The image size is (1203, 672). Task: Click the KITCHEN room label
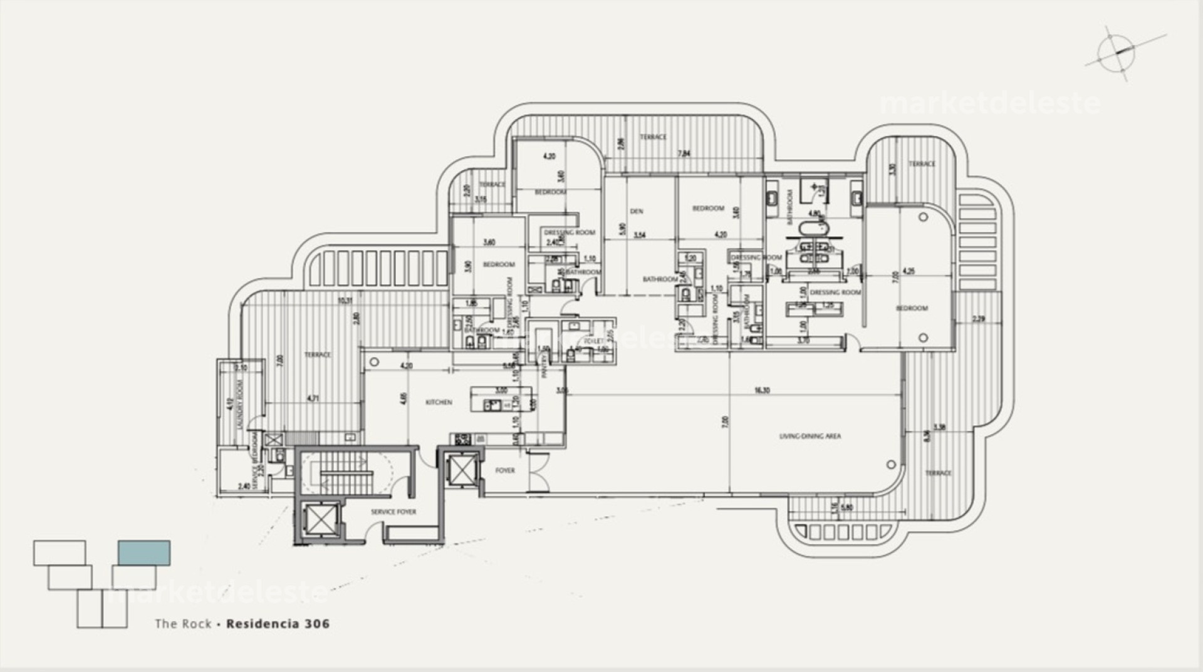click(x=439, y=402)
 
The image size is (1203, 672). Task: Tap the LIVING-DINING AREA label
click(x=810, y=436)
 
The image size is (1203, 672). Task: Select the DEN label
click(x=637, y=211)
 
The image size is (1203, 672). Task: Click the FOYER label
click(x=505, y=470)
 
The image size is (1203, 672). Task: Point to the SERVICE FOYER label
click(x=393, y=512)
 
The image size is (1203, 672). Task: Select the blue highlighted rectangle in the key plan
click(x=144, y=552)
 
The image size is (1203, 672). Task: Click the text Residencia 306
click(x=278, y=624)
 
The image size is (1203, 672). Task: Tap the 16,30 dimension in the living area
click(x=762, y=390)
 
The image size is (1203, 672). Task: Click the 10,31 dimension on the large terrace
click(x=345, y=301)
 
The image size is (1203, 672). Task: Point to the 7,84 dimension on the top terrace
click(x=685, y=153)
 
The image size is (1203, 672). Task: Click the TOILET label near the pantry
click(x=593, y=341)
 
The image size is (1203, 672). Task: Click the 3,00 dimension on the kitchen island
click(x=501, y=390)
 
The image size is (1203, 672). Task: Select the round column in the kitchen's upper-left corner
click(x=375, y=362)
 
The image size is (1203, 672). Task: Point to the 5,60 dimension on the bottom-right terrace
click(x=847, y=507)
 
